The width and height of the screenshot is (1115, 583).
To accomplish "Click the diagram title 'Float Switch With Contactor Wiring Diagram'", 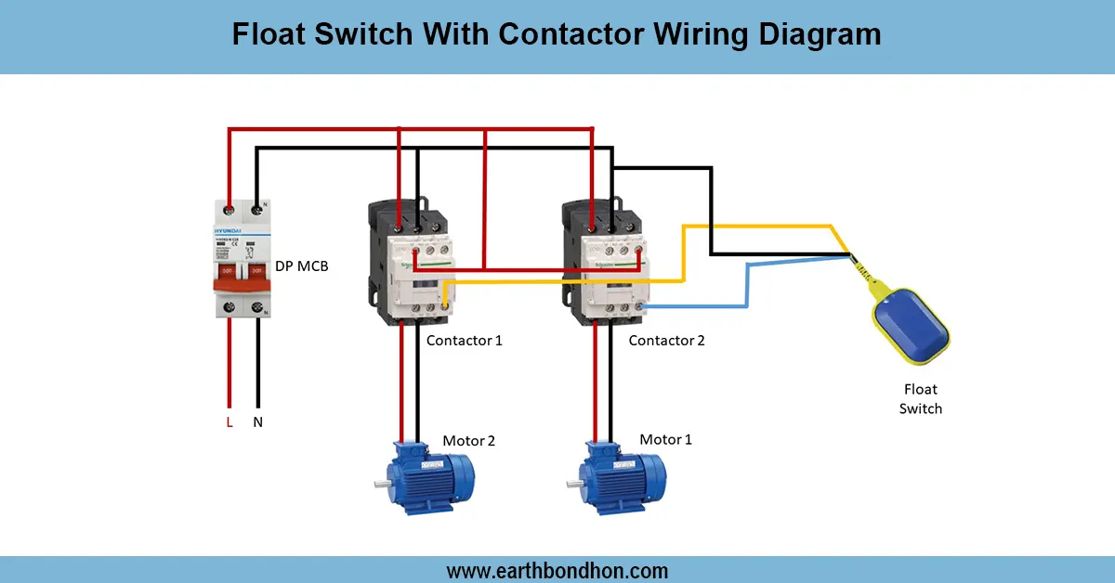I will tap(556, 35).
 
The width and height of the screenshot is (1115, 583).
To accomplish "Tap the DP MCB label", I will tap(301, 266).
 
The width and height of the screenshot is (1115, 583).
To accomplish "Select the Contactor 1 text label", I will tap(464, 341).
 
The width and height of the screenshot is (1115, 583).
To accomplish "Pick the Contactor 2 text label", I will tap(666, 341).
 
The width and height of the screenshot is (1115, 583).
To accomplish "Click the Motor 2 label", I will tap(468, 441).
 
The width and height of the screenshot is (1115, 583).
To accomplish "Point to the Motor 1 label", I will tap(665, 439).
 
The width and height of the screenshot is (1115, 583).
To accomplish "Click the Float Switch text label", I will tap(920, 399).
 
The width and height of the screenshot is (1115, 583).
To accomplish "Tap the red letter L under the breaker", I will tap(230, 422).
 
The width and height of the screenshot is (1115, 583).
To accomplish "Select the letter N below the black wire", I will tap(257, 422).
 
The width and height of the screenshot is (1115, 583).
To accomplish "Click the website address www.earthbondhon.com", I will tap(557, 570).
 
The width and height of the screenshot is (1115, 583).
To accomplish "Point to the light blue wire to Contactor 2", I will tap(748, 288).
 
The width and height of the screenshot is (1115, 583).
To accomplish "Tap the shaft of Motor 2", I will tap(381, 484).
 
